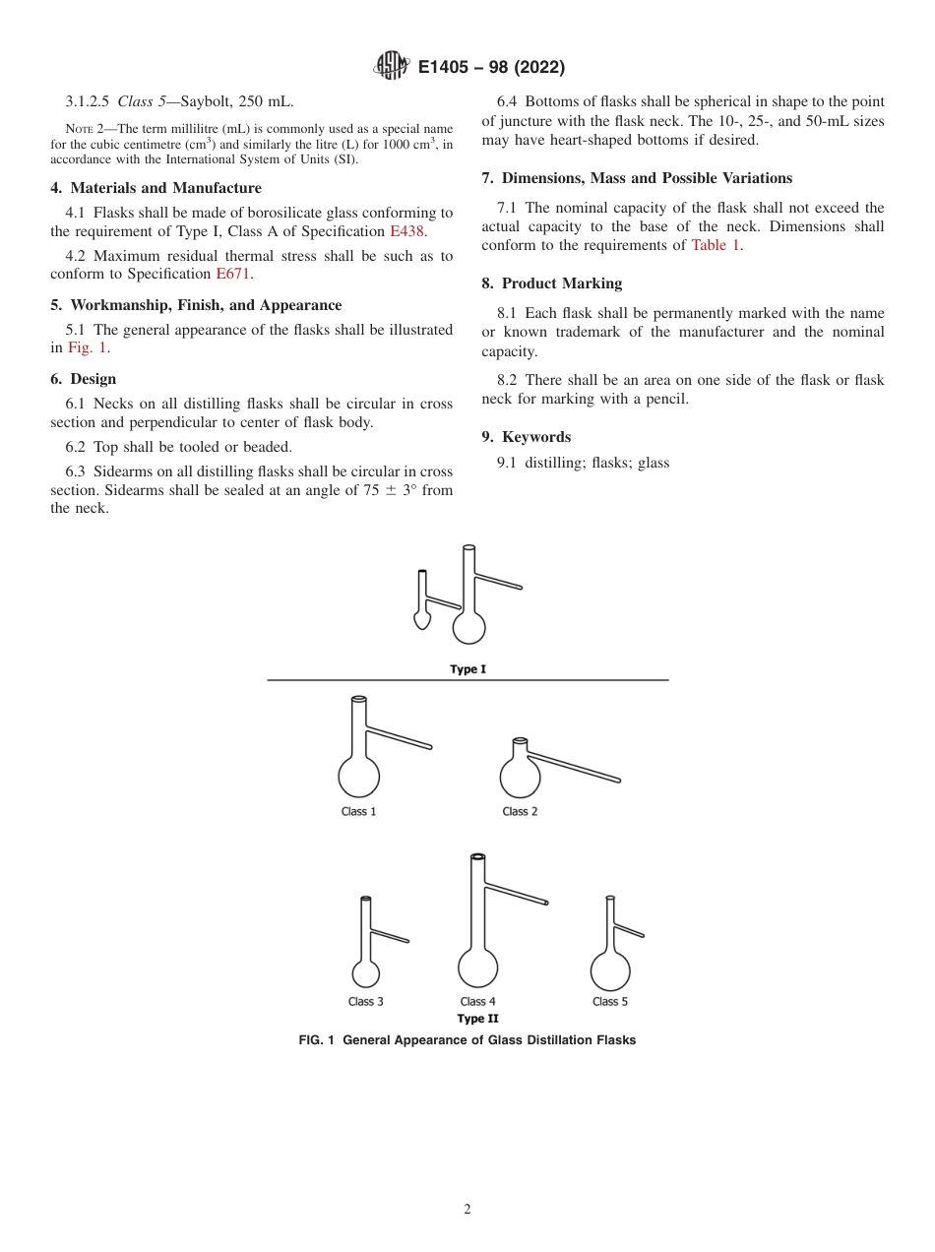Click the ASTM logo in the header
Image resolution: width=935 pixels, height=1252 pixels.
[x=393, y=67]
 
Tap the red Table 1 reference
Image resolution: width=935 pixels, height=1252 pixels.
[x=715, y=245]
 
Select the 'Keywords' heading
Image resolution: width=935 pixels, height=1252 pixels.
[x=535, y=437]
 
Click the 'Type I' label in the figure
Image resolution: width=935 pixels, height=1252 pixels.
[x=467, y=669]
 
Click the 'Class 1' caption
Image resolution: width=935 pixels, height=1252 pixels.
[x=358, y=812]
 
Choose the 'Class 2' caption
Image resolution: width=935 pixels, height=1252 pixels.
[x=520, y=812]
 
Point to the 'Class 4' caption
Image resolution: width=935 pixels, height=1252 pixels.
[x=477, y=1002]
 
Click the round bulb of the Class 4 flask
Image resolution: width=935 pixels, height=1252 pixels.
[x=478, y=967]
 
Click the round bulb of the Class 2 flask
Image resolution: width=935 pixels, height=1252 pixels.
[x=520, y=776]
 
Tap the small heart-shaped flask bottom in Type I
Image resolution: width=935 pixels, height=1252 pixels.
[x=421, y=621]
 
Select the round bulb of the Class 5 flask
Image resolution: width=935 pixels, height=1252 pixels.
[x=610, y=971]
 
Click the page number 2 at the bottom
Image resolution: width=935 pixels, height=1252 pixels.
[x=467, y=1210]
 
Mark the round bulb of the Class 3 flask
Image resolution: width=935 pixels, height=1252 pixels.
[x=366, y=973]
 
